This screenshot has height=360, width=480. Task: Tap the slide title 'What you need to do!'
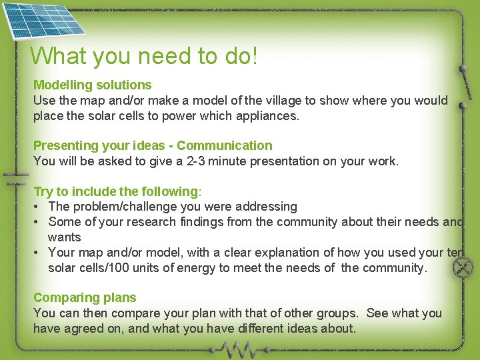[143, 56]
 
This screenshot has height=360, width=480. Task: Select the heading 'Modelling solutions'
[93, 85]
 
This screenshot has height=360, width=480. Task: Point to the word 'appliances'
[267, 115]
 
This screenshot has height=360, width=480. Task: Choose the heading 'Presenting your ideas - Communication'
[153, 145]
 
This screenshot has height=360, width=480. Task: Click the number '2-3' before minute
[196, 161]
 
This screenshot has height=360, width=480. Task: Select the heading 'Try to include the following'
[116, 191]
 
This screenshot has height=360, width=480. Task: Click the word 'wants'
[64, 237]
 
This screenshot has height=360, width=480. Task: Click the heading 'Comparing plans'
[85, 297]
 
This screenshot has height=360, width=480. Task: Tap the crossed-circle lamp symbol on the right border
[461, 268]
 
